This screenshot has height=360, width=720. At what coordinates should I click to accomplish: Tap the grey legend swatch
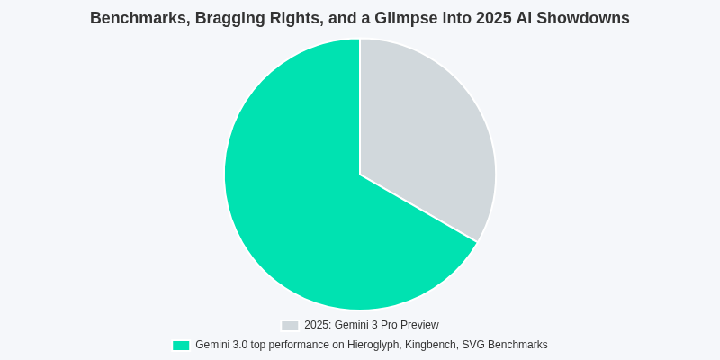point(290,326)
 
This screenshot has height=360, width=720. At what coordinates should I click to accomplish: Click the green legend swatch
point(181,346)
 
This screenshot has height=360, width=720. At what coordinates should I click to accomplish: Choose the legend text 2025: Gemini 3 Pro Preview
point(371,325)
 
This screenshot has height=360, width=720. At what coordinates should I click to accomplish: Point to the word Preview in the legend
point(419,325)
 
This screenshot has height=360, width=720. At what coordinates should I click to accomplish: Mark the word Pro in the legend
point(388,325)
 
